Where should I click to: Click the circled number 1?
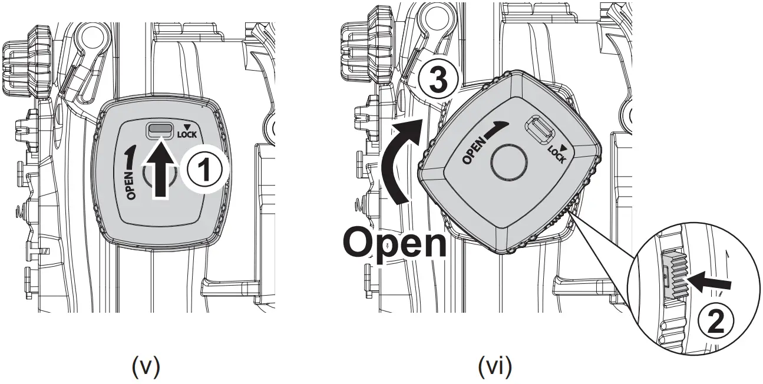203,170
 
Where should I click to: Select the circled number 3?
437,81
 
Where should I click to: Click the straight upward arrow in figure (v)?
160,168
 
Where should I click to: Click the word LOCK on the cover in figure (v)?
188,134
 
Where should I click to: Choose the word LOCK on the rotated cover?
556,154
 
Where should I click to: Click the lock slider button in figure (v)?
160,129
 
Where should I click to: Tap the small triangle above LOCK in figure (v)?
187,125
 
